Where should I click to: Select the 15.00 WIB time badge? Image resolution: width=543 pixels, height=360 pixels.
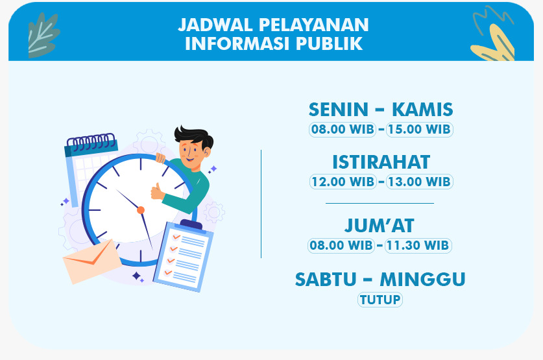(x=419, y=130)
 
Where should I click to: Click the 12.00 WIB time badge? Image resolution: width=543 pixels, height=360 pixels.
(x=343, y=182)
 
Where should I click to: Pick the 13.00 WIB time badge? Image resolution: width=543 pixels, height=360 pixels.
(x=419, y=182)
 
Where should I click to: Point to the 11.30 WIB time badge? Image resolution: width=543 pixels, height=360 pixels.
(x=418, y=245)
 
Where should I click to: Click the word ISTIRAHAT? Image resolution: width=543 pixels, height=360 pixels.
(x=381, y=162)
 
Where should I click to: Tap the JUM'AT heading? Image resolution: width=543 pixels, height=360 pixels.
(x=380, y=226)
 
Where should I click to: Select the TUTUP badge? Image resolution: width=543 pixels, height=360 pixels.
(x=380, y=300)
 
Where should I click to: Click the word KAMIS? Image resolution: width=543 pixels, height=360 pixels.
(x=422, y=110)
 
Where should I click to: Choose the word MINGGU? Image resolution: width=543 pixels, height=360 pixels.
(x=422, y=280)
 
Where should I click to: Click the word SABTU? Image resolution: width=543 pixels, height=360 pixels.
(x=326, y=280)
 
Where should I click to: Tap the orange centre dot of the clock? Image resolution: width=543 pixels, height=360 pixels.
(x=141, y=210)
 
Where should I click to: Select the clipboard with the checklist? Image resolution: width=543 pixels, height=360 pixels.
(x=184, y=256)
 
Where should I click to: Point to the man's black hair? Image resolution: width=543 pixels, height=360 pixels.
(x=194, y=136)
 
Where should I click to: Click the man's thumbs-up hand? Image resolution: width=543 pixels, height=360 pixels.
(x=157, y=191)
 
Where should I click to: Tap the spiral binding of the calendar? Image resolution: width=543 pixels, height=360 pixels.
(x=91, y=141)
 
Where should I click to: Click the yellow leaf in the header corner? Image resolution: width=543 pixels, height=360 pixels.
(x=494, y=43)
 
